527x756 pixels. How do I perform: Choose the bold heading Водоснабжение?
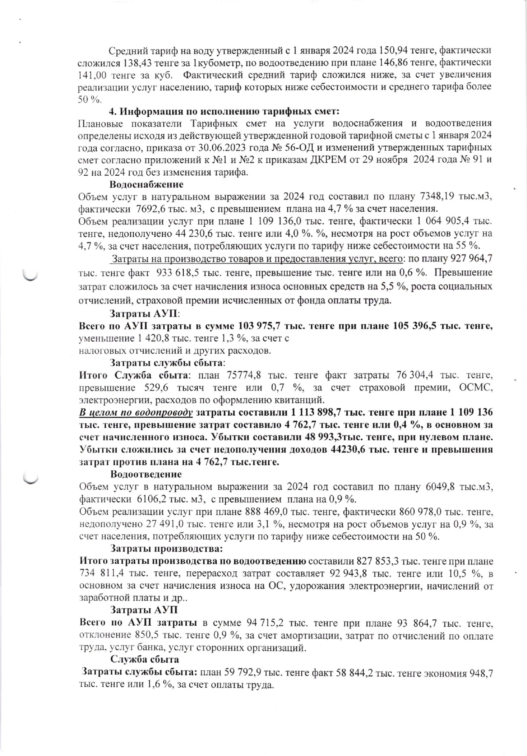pyautogui.click(x=146, y=185)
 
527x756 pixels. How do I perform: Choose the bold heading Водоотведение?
pyautogui.click(x=146, y=474)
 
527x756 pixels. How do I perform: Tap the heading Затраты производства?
pyautogui.click(x=166, y=548)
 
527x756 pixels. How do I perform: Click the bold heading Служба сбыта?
pyautogui.click(x=145, y=659)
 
